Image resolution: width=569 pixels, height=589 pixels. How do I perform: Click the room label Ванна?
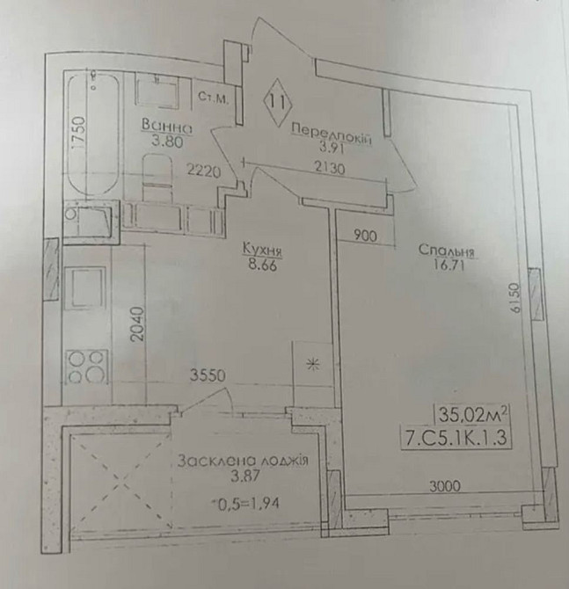point(166,126)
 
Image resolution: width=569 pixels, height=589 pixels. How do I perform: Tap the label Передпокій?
point(331,134)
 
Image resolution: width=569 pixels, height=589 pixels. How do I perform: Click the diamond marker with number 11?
point(278,100)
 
